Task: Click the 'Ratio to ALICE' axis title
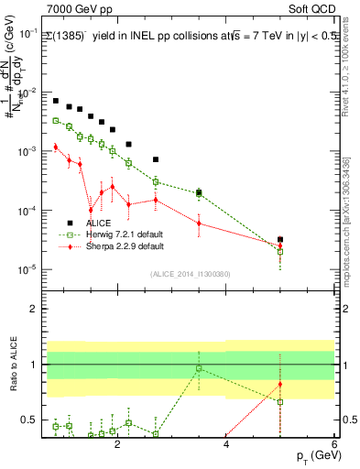tap(13, 365)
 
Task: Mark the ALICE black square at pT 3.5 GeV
tap(199, 191)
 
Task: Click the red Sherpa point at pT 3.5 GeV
tap(199, 224)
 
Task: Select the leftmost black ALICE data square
tap(56, 101)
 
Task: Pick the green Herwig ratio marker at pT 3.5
tap(199, 368)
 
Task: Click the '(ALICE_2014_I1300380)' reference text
tap(190, 273)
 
